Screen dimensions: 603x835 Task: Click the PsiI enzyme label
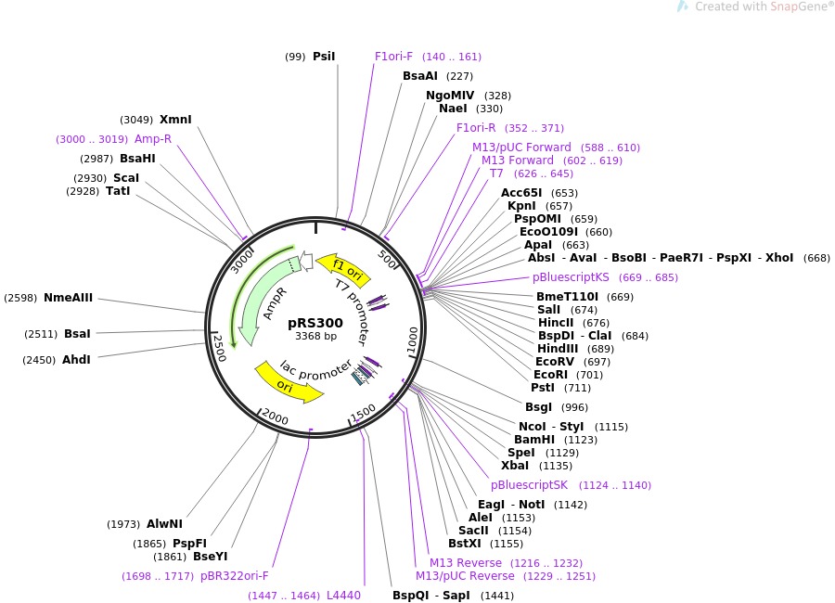point(324,57)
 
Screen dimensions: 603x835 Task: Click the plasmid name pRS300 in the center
point(315,323)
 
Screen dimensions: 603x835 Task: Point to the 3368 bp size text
point(315,337)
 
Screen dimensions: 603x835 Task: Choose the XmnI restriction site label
point(175,120)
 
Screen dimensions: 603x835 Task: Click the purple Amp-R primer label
point(153,139)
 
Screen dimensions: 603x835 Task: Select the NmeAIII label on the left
point(69,298)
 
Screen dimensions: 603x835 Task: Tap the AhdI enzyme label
point(76,360)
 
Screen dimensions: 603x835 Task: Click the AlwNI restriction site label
point(164,524)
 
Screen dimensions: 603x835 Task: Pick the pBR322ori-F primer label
point(235,576)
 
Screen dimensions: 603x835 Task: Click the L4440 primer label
point(343,596)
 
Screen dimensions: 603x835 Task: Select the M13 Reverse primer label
point(465,563)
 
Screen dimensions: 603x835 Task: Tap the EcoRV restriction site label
point(555,362)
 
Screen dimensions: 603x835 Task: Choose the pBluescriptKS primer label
point(571,277)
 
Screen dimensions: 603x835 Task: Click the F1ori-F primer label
point(394,57)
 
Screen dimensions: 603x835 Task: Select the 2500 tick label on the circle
point(219,348)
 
